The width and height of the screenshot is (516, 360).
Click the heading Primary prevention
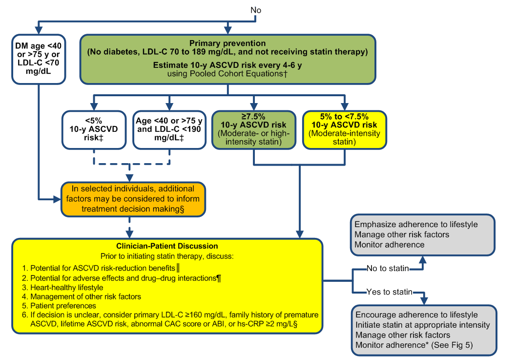(228, 43)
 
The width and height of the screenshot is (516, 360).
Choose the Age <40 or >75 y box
(169, 129)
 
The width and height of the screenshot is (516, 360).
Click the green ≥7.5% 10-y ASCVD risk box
(253, 129)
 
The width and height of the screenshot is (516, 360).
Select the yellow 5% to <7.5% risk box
(345, 129)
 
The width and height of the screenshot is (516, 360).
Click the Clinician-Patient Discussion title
(167, 246)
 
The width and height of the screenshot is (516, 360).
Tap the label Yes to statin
(389, 293)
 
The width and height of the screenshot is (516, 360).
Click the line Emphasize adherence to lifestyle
(416, 225)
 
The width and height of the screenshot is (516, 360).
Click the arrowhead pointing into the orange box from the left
(58, 199)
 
